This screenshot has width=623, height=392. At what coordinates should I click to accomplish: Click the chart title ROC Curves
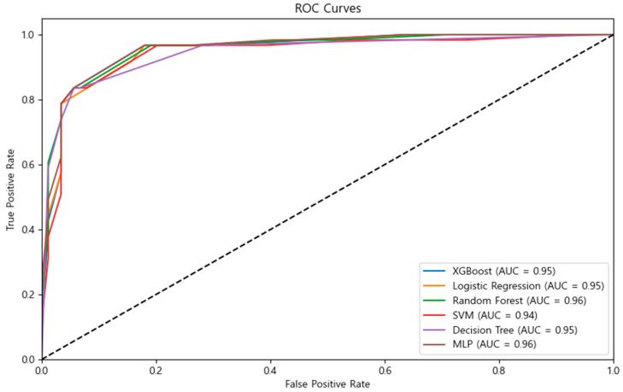328,9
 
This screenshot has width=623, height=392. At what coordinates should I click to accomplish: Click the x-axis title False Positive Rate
327,384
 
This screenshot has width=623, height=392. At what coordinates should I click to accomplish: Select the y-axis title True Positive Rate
10,190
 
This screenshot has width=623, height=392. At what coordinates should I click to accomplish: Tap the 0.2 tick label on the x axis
156,371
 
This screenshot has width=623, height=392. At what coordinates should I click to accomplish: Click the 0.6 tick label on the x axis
385,371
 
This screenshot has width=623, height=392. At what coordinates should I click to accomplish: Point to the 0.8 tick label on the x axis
499,371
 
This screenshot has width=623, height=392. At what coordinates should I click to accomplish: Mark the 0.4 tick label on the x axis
271,371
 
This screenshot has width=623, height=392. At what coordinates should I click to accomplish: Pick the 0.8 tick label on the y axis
28,100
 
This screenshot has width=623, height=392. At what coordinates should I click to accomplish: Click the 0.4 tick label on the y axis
28,230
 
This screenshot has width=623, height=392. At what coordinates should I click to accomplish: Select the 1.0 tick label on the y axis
28,35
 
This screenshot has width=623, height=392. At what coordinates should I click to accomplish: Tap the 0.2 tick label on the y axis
28,295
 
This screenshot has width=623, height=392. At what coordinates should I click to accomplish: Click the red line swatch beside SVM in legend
434,315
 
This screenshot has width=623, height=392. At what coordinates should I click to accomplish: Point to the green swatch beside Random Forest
434,301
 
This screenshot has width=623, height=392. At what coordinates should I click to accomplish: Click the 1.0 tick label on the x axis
614,371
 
